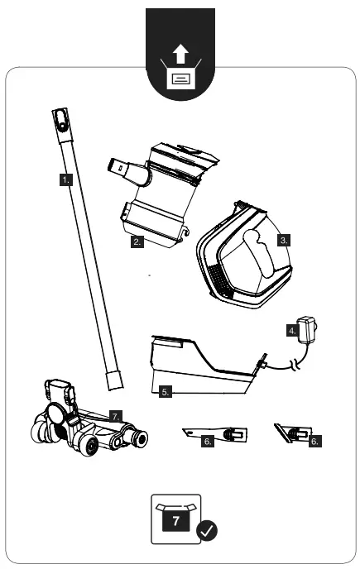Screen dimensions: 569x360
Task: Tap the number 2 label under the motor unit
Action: pyautogui.click(x=138, y=242)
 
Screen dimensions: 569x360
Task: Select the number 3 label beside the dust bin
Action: pyautogui.click(x=283, y=240)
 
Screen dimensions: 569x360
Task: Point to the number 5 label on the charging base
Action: pyautogui.click(x=166, y=393)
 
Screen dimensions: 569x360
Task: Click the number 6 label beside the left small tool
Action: pyautogui.click(x=209, y=442)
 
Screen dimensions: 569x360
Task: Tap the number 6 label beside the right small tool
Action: pyautogui.click(x=314, y=442)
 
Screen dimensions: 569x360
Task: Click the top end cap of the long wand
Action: pyautogui.click(x=59, y=120)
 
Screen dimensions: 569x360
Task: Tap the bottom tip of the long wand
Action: pyautogui.click(x=115, y=383)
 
